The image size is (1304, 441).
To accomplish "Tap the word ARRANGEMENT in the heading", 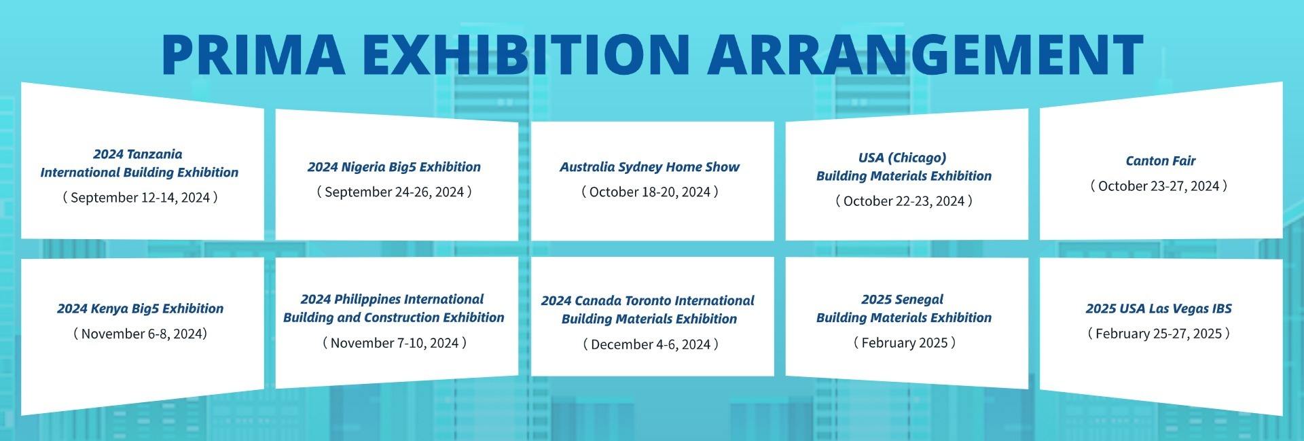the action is click(x=925, y=54).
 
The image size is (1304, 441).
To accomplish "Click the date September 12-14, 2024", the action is click(x=140, y=198).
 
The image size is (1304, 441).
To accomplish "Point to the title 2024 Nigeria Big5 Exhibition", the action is click(x=394, y=167).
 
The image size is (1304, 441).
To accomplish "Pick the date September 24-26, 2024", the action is click(x=394, y=192).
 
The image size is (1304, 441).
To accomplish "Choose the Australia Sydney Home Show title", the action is click(x=650, y=167).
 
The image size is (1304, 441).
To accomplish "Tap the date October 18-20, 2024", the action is click(x=650, y=192).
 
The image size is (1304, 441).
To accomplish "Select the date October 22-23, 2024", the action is click(x=904, y=201).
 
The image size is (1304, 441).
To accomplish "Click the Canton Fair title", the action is click(x=1161, y=161).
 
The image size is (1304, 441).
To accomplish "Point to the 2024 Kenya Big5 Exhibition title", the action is click(x=140, y=308).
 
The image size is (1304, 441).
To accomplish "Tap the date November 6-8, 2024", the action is click(x=140, y=334).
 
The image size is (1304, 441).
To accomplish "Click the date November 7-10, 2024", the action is click(x=394, y=343).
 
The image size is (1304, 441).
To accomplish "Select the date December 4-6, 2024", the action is click(x=650, y=345).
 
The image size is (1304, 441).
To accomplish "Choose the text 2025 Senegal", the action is click(x=903, y=300).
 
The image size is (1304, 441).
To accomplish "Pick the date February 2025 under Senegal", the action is click(x=904, y=343).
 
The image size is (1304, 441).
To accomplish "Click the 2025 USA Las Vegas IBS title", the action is click(x=1159, y=308).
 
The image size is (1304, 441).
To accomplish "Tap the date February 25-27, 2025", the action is click(x=1159, y=334).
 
